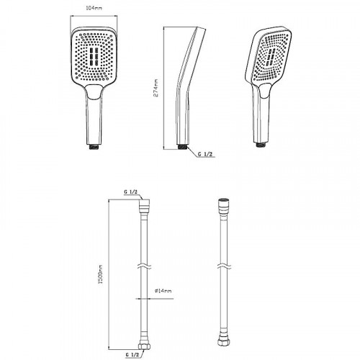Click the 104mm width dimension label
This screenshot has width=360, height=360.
click(x=94, y=8)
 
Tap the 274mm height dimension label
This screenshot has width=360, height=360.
click(x=156, y=88)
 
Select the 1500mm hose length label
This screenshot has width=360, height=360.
click(x=100, y=274)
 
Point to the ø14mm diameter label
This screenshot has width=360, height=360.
click(x=163, y=291)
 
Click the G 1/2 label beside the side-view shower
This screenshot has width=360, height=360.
click(x=205, y=154)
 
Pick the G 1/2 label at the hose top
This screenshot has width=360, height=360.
click(x=130, y=192)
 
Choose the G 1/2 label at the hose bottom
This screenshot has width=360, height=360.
click(x=132, y=354)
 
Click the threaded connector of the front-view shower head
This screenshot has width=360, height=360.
click(x=94, y=147)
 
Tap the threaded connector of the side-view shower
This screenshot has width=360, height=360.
click(x=182, y=147)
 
